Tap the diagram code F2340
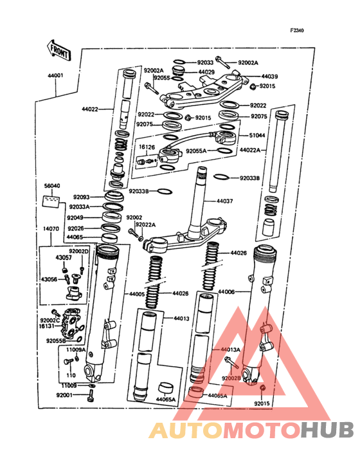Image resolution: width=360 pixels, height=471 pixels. click(298, 30)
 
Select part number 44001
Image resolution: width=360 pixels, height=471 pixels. click(55, 75)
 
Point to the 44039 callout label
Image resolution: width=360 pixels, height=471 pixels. click(269, 76)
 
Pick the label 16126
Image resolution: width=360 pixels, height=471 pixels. click(147, 147)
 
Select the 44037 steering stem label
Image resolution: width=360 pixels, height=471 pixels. click(225, 201)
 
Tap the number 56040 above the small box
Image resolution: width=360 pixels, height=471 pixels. click(52, 186)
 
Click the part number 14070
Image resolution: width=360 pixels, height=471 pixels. click(51, 228)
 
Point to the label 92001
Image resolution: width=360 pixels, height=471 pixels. click(65, 395)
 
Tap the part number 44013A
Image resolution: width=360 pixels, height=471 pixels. click(230, 349)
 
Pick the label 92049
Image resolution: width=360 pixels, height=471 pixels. click(82, 218)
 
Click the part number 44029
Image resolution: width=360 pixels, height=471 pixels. click(206, 71)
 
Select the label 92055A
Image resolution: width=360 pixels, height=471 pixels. click(196, 151)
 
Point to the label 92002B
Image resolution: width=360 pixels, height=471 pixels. click(231, 378)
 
